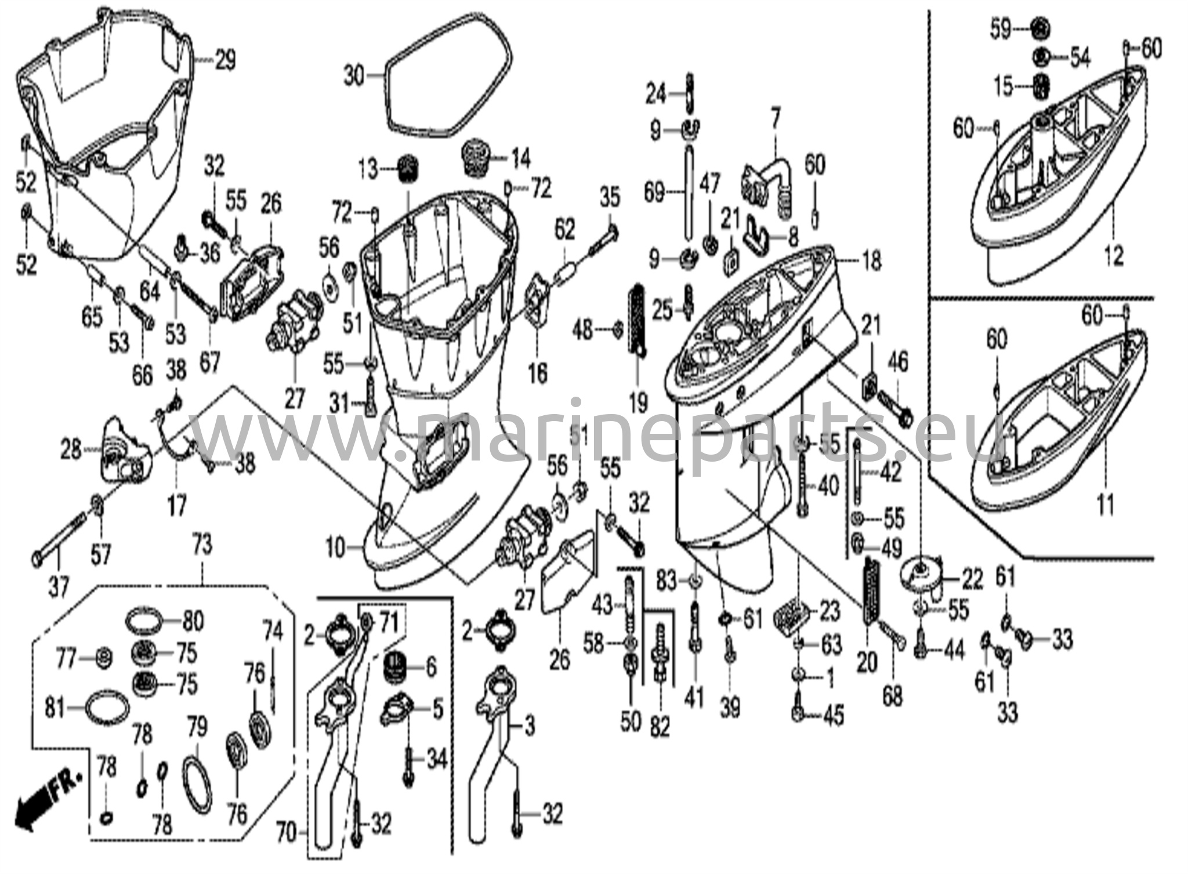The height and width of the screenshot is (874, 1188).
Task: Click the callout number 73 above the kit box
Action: tap(202, 545)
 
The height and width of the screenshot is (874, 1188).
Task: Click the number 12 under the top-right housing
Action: tap(1113, 256)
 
